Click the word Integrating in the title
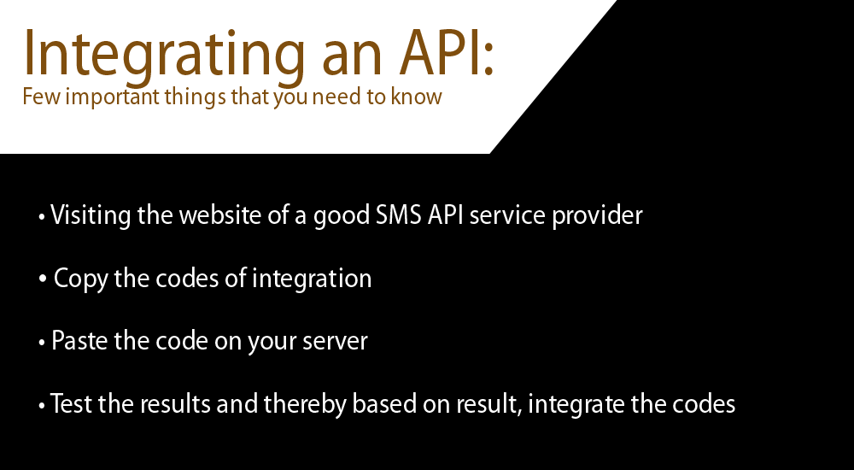(x=164, y=55)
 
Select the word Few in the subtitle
(x=42, y=97)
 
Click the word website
(x=220, y=214)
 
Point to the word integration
(x=312, y=279)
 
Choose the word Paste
(x=79, y=341)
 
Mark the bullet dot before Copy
(x=43, y=279)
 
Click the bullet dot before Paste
(x=42, y=343)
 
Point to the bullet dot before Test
(x=42, y=406)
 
